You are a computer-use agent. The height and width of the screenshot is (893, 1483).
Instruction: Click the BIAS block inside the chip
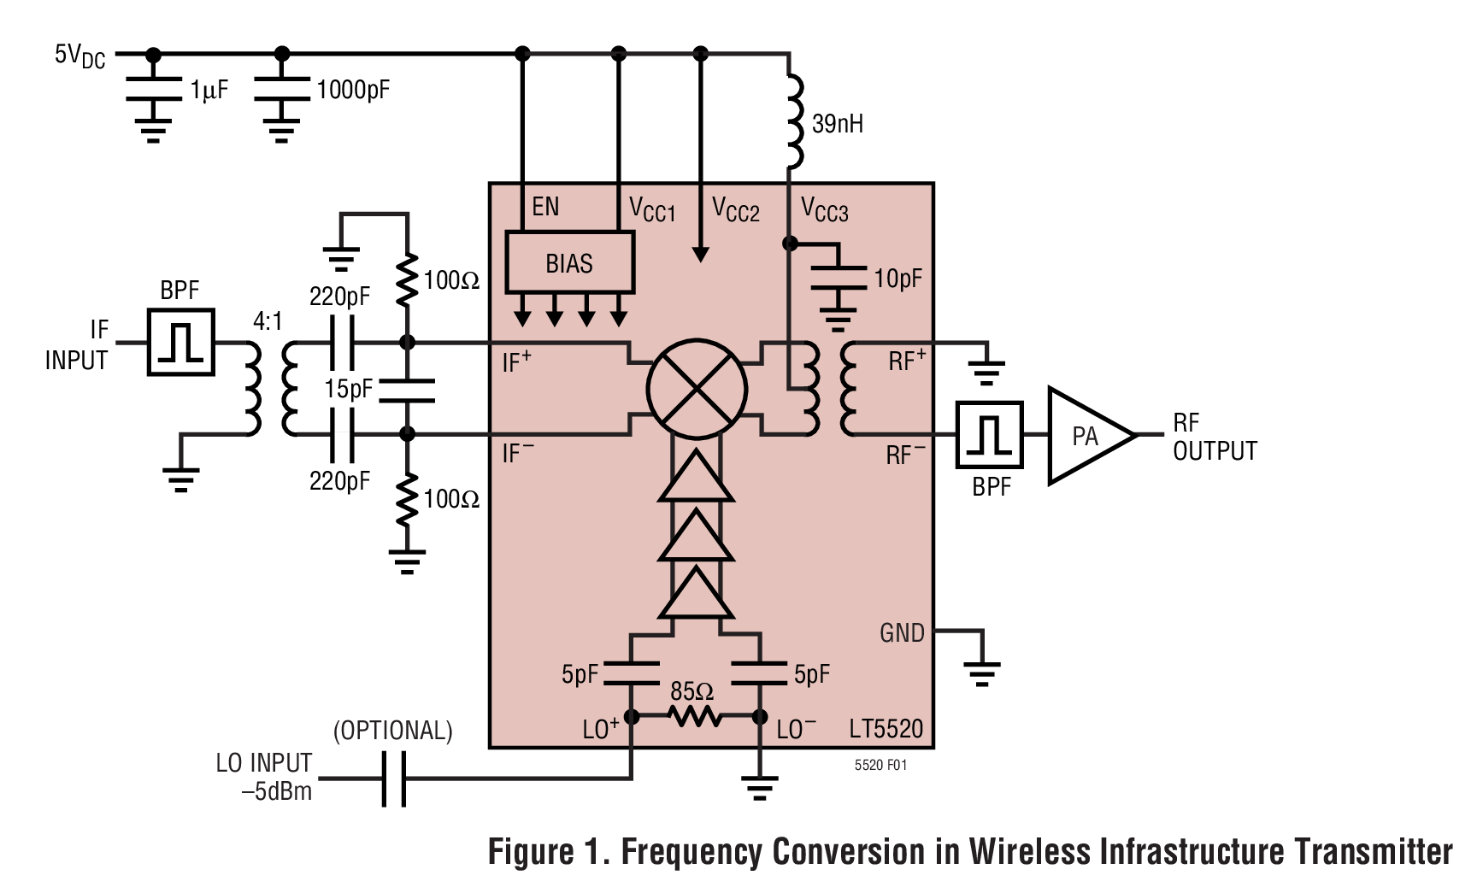[x=569, y=262]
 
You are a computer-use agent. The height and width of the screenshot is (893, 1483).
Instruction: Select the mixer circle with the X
[x=697, y=390]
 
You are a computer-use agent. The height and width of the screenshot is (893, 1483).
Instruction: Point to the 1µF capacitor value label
[x=209, y=90]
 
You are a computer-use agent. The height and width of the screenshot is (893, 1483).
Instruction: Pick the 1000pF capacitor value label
[x=353, y=90]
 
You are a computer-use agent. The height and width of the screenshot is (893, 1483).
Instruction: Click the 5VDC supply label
[x=79, y=56]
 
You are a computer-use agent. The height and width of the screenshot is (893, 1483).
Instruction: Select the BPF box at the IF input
[x=180, y=342]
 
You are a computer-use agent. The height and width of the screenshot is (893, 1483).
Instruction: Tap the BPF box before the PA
[x=989, y=434]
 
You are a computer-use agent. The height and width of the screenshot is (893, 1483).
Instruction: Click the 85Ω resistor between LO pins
[x=696, y=716]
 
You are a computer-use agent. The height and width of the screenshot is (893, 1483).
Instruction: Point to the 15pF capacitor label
[x=348, y=389]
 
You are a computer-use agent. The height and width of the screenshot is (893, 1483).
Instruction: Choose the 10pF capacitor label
[x=897, y=279]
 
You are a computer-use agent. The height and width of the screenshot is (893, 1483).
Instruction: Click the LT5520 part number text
[x=886, y=729]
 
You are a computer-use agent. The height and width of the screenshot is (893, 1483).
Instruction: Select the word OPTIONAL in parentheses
[x=392, y=731]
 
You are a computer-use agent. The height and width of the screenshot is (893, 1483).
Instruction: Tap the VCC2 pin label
[x=735, y=209]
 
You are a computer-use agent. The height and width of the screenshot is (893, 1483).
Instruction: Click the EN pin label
[x=545, y=207]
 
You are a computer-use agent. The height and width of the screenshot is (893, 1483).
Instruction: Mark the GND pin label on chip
[x=902, y=633]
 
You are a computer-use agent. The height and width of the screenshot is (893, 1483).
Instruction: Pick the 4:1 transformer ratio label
[x=268, y=321]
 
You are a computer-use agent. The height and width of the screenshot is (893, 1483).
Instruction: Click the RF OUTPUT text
[x=1214, y=437]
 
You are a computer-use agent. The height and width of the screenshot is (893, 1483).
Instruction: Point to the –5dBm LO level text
[x=276, y=791]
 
